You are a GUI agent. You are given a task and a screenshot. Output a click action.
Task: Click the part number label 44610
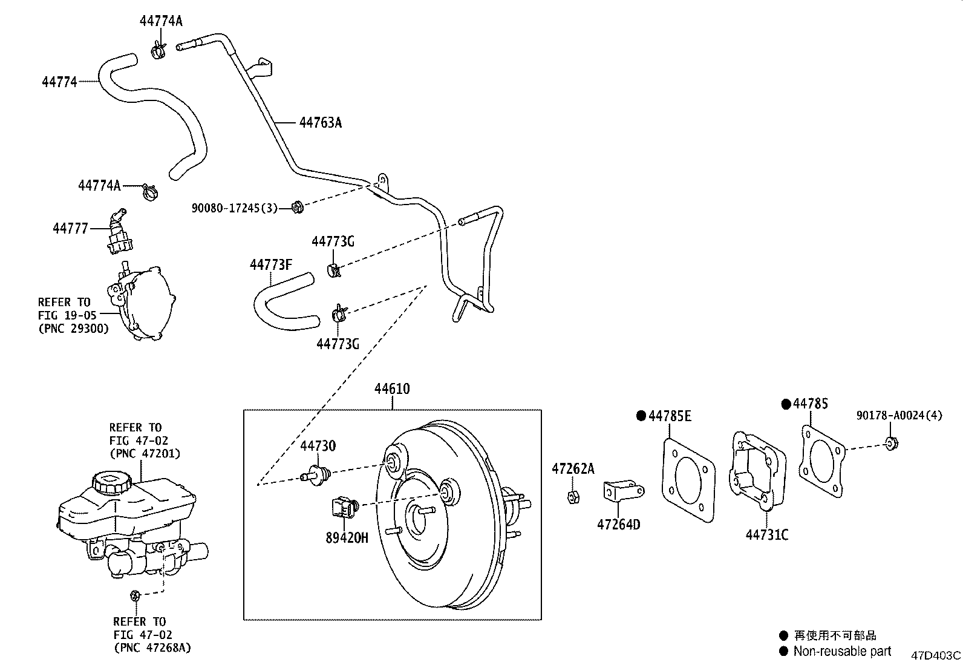pos(392,389)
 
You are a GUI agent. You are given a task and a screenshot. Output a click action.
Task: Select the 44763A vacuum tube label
pos(320,123)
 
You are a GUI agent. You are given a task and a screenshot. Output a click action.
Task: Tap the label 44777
pos(70,229)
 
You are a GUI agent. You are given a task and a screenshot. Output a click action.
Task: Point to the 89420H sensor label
pos(347,537)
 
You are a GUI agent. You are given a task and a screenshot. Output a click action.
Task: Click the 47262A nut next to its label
pos(573,497)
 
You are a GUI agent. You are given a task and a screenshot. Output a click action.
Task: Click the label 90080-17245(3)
pos(235,208)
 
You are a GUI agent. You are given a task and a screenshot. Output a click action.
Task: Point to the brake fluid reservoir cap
pos(110,483)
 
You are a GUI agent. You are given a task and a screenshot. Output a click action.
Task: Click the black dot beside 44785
pos(786,404)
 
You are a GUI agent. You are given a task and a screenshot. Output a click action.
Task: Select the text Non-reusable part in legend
pos(842,652)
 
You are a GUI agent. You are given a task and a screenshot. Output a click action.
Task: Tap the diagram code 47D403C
pos(936,655)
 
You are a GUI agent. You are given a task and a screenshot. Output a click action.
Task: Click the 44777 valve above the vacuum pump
pos(118,233)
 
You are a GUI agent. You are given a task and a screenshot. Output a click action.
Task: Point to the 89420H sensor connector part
pos(342,506)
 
